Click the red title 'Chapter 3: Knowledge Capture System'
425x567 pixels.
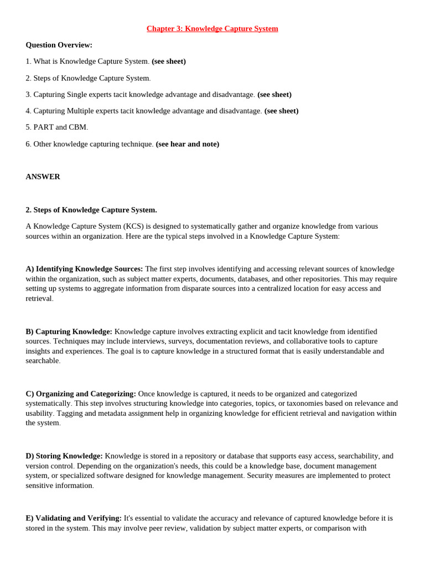coord(212,29)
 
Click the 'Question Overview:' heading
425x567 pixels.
coord(59,45)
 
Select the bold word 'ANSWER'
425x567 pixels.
coord(43,177)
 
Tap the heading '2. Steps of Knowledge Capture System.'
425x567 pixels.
coord(91,210)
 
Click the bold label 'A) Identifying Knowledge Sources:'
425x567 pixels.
coord(84,269)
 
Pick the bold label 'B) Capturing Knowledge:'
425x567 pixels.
coord(69,331)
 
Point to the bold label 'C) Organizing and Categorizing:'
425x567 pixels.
coord(81,394)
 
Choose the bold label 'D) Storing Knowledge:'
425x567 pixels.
coord(64,456)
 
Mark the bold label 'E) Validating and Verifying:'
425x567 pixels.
coord(74,518)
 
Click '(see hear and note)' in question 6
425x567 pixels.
coord(188,144)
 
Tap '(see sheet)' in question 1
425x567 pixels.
coord(169,61)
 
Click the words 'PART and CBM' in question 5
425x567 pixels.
coord(60,127)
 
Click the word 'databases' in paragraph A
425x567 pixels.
coord(252,279)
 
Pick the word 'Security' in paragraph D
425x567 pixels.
coord(261,475)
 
